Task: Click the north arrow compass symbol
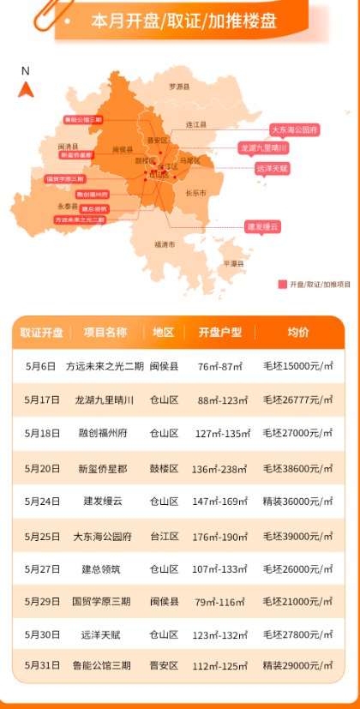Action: [26, 88]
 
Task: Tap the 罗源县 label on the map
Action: [177, 87]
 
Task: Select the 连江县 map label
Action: [197, 124]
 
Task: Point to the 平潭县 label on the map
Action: [233, 263]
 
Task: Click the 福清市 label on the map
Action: [165, 244]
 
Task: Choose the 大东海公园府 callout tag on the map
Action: [294, 129]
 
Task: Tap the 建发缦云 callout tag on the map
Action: [262, 226]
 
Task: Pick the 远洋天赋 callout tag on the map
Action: [272, 169]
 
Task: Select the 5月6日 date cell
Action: [41, 366]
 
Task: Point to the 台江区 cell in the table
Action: [164, 537]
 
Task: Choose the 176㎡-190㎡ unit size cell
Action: [220, 537]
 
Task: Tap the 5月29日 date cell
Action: [41, 601]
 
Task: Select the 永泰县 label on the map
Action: [68, 207]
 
